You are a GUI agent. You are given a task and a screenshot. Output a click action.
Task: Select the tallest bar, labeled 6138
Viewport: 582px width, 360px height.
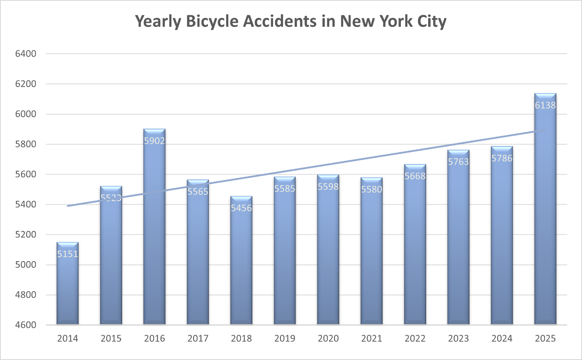[x=545, y=212]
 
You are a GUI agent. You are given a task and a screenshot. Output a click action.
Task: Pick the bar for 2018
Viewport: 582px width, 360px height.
[x=241, y=264]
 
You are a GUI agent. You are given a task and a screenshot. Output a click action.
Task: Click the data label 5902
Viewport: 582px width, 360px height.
[x=154, y=141]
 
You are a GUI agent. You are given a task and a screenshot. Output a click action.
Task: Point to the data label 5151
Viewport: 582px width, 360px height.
[x=68, y=254]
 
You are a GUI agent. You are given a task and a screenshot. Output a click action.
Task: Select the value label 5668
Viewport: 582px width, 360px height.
[x=415, y=176]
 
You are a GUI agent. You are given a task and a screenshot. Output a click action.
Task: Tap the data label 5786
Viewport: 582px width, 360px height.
[x=501, y=158]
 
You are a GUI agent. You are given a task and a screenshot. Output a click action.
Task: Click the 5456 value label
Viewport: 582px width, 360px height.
[x=241, y=208]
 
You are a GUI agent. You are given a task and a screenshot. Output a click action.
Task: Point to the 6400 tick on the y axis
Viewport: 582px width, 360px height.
[x=26, y=54]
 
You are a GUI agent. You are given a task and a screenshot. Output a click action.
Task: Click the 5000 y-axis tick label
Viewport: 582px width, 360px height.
[x=26, y=265]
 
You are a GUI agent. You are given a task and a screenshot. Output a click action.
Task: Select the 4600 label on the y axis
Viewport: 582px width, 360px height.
[x=26, y=325]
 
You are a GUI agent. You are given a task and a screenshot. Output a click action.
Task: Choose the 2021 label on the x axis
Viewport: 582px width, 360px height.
[x=372, y=338]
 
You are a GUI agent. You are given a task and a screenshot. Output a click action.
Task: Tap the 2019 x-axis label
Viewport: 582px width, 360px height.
[x=284, y=338]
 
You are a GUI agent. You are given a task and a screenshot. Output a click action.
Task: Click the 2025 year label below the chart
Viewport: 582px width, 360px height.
[x=545, y=338]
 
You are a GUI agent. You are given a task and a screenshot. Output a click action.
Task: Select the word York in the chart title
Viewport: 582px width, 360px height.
[x=394, y=22]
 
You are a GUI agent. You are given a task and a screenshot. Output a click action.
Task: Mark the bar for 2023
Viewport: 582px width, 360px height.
[x=458, y=244]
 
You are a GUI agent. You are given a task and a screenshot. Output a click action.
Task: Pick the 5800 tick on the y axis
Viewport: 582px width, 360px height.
[x=26, y=144]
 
